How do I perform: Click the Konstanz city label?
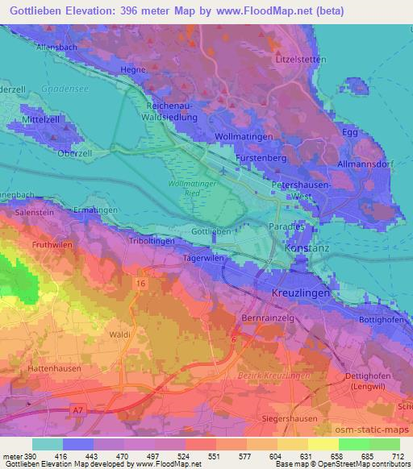pos(307,251)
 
